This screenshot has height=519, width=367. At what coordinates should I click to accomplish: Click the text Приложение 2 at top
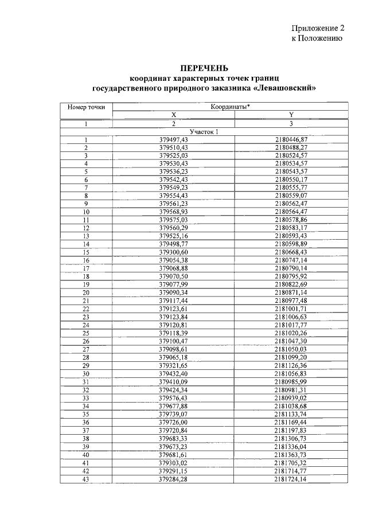[x=317, y=28]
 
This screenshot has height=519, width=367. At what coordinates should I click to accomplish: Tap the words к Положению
[x=317, y=38]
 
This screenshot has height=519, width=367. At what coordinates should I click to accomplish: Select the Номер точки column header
[x=86, y=107]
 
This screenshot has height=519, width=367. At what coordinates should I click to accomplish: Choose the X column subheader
[x=173, y=115]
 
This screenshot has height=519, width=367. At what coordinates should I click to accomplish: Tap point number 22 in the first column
[x=86, y=309]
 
